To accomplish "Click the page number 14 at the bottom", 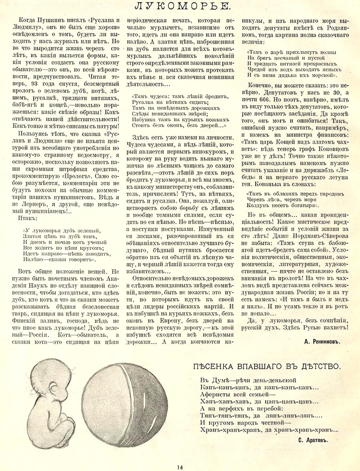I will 180,466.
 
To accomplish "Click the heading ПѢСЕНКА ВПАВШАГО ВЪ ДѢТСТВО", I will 267,366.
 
